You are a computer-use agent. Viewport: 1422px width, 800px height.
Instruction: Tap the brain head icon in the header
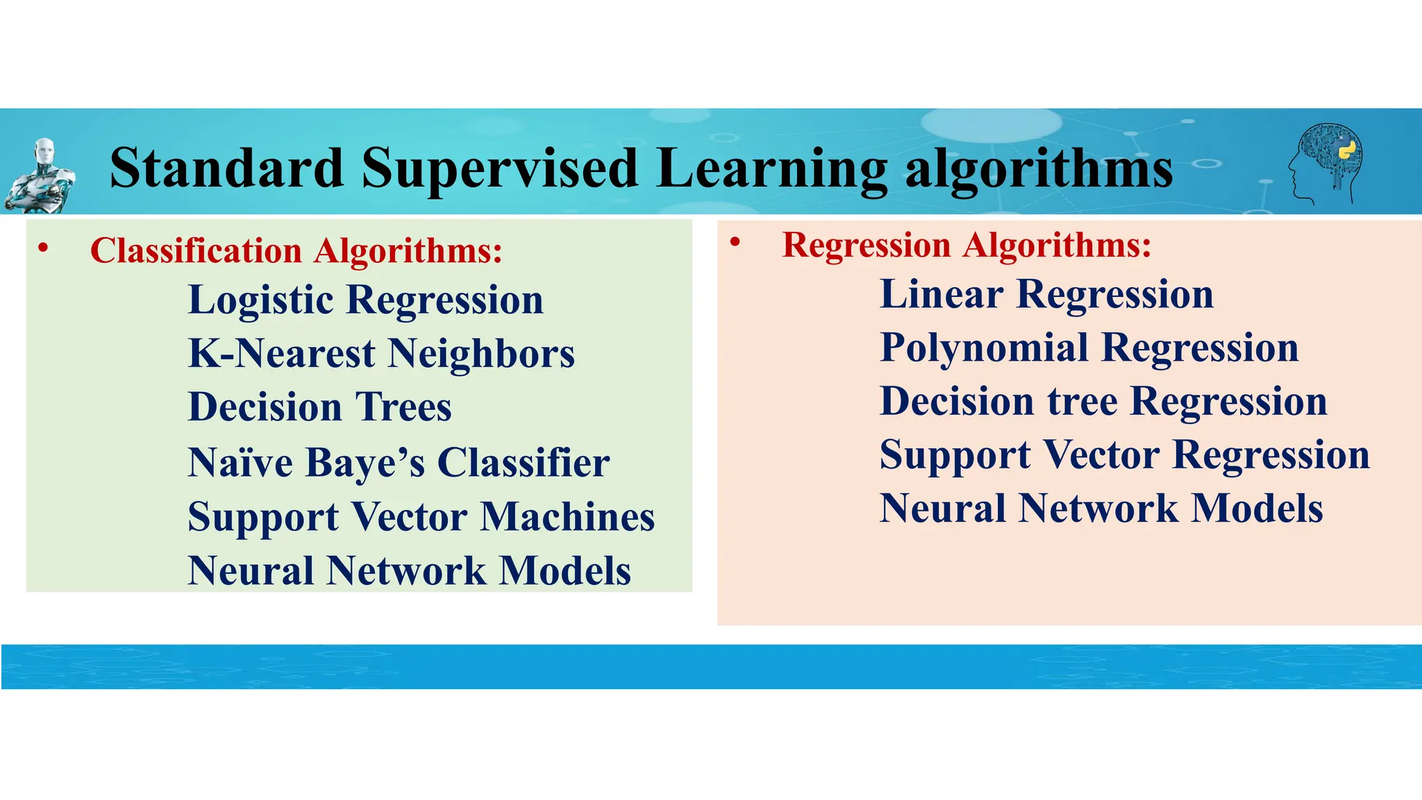[1326, 164]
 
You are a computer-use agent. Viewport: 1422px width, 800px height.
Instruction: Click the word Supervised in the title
[499, 168]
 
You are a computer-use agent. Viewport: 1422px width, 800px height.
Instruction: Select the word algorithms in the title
[1039, 169]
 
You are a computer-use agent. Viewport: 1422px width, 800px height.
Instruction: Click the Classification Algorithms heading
[296, 250]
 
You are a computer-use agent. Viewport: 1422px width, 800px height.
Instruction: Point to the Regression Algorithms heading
[967, 245]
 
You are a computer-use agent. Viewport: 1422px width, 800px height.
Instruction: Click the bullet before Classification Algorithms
[43, 248]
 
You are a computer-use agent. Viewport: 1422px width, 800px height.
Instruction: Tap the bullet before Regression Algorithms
[735, 242]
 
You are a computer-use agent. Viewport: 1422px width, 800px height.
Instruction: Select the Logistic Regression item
[365, 300]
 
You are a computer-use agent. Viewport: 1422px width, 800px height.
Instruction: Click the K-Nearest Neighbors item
[381, 354]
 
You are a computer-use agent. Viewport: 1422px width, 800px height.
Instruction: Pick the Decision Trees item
[319, 407]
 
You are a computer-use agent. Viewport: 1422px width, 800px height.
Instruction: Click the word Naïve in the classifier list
[240, 462]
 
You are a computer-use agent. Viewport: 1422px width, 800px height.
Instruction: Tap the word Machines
[568, 517]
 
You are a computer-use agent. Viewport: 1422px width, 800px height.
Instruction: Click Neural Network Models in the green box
[409, 571]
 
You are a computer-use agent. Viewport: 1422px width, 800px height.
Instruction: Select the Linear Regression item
[1046, 294]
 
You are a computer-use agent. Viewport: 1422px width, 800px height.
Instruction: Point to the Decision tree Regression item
[1103, 402]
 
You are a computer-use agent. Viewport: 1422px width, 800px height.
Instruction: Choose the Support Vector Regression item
[1124, 455]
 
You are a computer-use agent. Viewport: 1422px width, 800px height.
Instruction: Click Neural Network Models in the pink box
[1101, 509]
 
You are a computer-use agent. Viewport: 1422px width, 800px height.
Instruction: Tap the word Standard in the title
[227, 168]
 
